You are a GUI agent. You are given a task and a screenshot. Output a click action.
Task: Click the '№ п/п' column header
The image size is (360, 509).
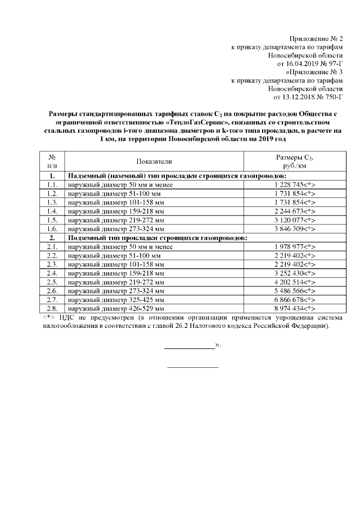[x=52, y=161]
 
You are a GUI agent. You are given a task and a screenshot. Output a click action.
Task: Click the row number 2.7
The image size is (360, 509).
[x=52, y=300]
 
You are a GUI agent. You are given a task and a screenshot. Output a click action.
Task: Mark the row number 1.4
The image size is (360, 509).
[x=52, y=211]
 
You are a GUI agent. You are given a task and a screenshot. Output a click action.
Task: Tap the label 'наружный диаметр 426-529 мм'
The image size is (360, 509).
[x=116, y=309]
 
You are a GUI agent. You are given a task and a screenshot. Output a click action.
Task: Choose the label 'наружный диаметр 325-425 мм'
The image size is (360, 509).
[x=116, y=300]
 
